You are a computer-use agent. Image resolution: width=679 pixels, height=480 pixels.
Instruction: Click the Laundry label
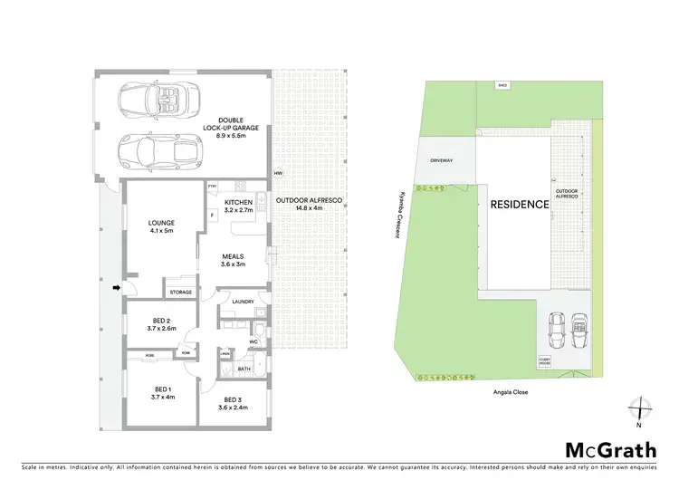point(242,302)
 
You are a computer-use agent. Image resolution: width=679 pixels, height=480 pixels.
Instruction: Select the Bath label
point(244,369)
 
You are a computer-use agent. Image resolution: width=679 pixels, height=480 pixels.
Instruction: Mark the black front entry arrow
point(116,289)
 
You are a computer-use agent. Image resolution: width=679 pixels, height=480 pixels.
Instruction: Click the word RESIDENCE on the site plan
point(520,204)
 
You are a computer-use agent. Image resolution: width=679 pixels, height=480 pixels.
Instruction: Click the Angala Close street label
point(512,392)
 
